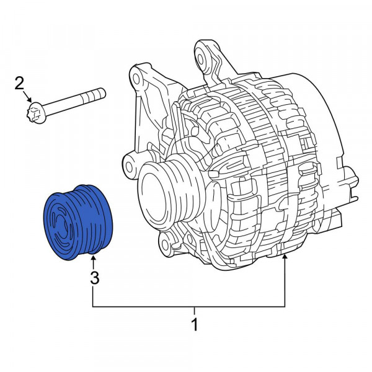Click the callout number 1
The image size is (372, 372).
195,324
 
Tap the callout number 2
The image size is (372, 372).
19,82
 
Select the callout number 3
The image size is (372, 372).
94,278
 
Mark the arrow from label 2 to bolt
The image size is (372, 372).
27,97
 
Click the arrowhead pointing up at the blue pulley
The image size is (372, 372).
94,258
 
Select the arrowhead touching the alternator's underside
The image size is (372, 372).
285,257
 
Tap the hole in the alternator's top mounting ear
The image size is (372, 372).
202,55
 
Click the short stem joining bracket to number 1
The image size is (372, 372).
195,311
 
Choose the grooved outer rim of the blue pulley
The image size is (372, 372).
93,217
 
